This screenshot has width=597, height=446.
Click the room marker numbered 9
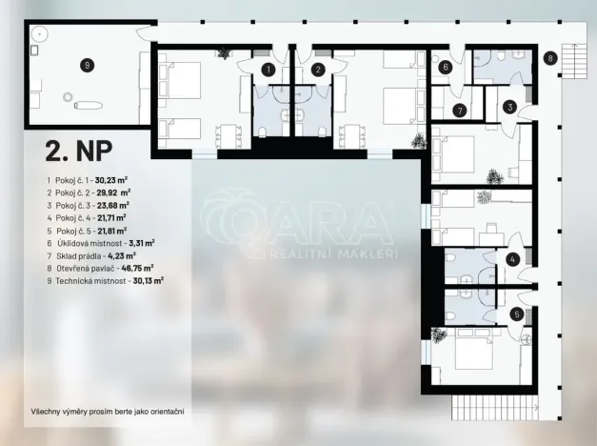87,65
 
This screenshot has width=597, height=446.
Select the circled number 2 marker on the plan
319,70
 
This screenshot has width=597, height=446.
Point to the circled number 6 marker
445,67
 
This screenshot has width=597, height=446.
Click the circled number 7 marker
459,111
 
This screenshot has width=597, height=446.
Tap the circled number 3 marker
510,108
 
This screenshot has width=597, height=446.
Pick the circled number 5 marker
516,314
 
